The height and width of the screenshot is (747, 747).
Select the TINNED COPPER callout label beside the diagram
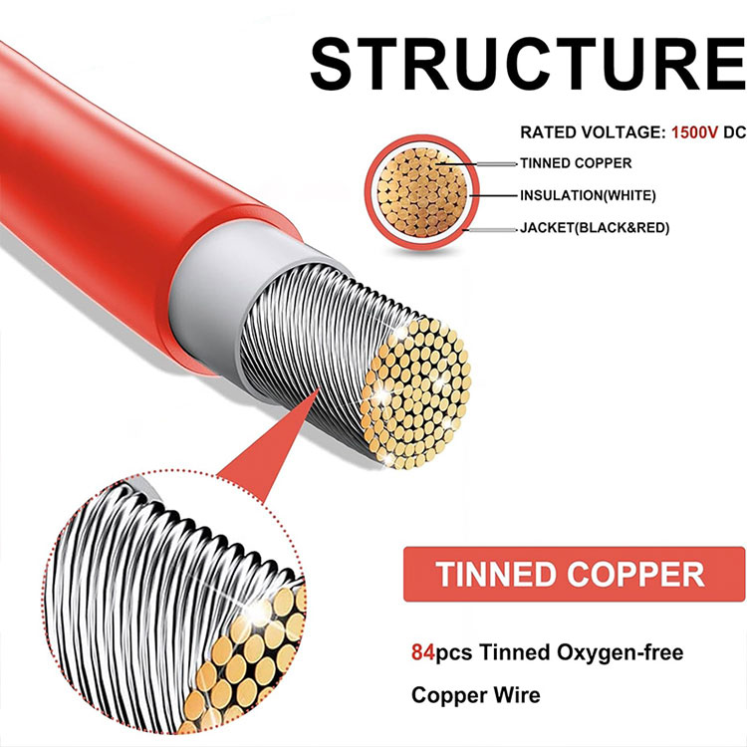pyautogui.click(x=576, y=163)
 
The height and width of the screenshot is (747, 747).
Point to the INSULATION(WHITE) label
pyautogui.click(x=588, y=195)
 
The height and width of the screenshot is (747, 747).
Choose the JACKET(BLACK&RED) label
pyautogui.click(x=595, y=228)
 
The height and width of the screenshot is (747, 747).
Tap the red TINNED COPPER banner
pyautogui.click(x=574, y=574)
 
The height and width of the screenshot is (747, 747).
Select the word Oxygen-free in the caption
pyautogui.click(x=603, y=654)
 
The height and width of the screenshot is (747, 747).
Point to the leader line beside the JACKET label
pyautogui.click(x=493, y=228)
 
